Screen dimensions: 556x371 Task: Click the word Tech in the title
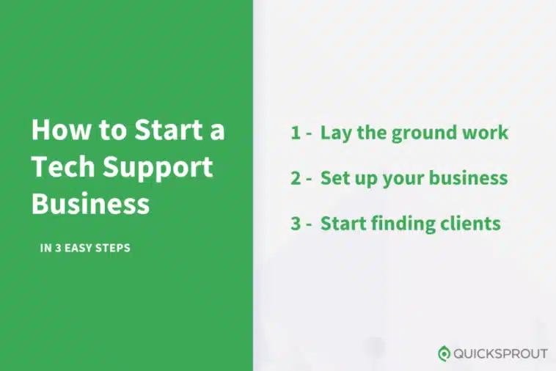point(63,166)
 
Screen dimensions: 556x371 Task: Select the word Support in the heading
point(158,169)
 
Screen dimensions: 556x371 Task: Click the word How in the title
point(62,130)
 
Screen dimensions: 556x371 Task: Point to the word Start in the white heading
point(168,130)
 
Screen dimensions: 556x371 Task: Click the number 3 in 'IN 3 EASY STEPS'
point(58,248)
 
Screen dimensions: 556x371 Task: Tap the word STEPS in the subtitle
point(113,248)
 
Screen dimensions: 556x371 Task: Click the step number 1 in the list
point(296,133)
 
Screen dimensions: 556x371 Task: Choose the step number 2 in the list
point(296,178)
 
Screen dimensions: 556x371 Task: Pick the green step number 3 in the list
point(296,223)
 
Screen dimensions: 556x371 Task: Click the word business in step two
point(469,177)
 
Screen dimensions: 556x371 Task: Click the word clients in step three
point(470,223)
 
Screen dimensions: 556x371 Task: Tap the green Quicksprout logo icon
point(444,353)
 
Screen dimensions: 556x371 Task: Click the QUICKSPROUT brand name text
point(500,353)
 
